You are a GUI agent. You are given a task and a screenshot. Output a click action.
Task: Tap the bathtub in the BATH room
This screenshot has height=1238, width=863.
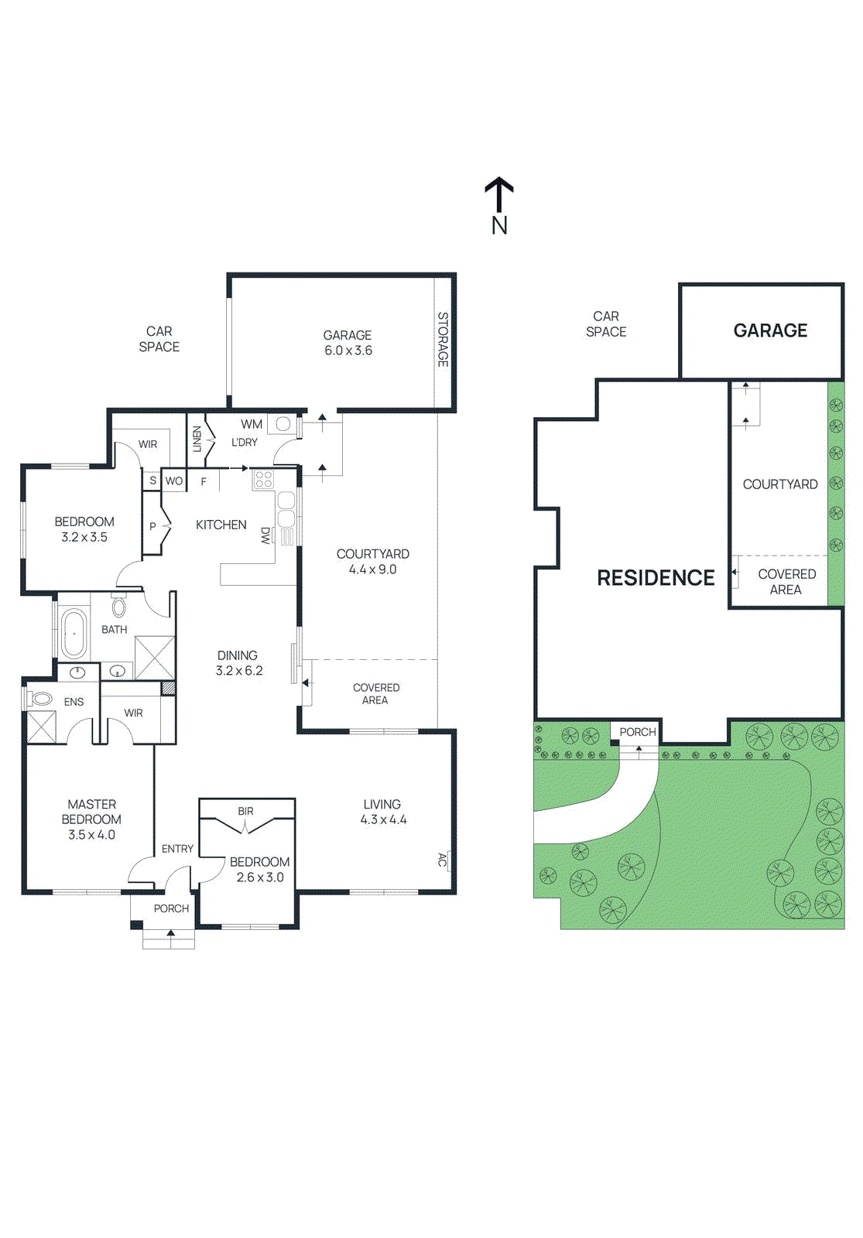coord(74,632)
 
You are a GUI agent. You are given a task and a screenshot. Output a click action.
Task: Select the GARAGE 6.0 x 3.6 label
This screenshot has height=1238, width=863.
coord(348,343)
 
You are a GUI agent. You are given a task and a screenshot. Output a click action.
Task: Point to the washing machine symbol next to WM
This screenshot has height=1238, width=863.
coord(283,424)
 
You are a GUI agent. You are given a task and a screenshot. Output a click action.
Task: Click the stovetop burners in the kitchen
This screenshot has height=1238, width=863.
coord(263,480)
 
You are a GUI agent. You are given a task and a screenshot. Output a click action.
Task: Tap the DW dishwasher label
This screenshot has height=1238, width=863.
coord(265,535)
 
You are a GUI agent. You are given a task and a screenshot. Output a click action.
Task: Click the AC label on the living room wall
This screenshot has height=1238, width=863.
coord(442,860)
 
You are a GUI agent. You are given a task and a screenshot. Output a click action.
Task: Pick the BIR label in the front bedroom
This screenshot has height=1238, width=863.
coord(245,811)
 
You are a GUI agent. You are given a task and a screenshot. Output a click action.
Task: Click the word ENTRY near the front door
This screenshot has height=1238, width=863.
coord(177,849)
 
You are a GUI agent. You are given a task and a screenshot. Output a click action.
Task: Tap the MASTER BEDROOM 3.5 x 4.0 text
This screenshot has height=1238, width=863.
coord(91,819)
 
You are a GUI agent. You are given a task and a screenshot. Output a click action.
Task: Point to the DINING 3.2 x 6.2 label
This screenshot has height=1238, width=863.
coord(238,663)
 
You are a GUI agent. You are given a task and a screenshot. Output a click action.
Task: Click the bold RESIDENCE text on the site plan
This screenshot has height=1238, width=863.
coord(656,578)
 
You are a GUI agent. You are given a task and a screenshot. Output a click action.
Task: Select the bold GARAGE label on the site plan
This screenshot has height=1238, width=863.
coord(770,330)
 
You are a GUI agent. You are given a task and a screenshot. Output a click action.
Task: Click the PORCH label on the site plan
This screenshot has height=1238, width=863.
coord(637,732)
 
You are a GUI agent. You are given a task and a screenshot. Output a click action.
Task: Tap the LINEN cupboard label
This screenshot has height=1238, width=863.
coord(197,439)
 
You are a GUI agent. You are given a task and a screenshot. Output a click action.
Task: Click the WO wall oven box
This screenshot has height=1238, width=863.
coord(174,480)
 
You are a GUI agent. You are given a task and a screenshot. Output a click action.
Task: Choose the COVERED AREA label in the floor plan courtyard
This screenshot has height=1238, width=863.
coord(375,693)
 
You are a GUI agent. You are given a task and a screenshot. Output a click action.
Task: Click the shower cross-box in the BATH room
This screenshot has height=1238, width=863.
coord(155,658)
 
